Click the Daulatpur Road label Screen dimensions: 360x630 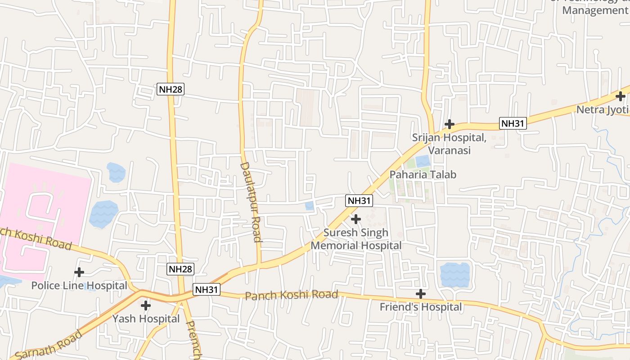point(251,202)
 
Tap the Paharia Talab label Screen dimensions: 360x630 point(423,175)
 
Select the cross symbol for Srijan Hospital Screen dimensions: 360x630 point(449,124)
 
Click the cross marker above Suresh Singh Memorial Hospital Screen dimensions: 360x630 point(356,219)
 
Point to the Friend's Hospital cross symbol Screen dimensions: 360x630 point(421,294)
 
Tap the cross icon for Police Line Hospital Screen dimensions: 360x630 point(79,272)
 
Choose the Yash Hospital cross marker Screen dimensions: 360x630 point(146,306)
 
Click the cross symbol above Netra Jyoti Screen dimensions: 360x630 point(621,96)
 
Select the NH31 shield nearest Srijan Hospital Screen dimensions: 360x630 point(513,123)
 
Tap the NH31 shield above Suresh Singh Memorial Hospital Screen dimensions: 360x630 point(359,201)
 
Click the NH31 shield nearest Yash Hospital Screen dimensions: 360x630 point(207,289)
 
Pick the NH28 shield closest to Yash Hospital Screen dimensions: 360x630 point(180,269)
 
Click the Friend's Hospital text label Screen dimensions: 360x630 point(421,307)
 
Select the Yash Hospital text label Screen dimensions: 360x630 point(146,319)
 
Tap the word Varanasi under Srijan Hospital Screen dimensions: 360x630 point(449,150)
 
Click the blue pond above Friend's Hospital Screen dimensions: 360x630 point(455,275)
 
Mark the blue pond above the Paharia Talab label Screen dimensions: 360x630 point(423,161)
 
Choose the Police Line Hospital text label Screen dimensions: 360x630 point(79,285)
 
